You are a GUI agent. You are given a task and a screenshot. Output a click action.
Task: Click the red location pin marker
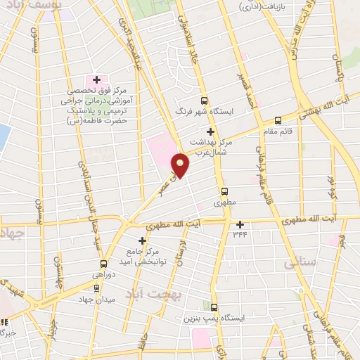point(181,165)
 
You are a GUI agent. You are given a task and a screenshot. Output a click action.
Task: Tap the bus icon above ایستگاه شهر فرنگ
point(205,101)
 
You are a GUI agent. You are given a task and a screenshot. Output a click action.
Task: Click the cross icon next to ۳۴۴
point(240,224)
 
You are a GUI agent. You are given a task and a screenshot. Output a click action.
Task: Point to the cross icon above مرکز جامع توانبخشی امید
point(143,240)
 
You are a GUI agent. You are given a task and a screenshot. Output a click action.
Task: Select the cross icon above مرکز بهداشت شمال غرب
point(210,131)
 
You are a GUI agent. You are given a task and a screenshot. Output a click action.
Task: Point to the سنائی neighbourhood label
point(300,264)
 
